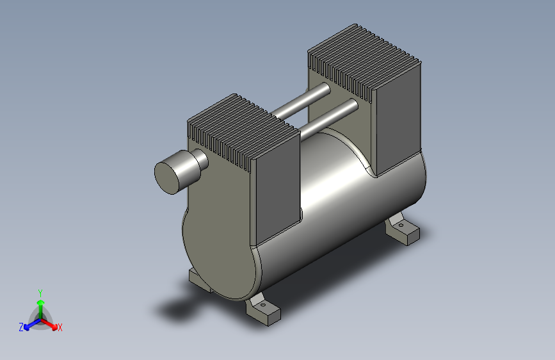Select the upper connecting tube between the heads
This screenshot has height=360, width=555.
[x=301, y=101]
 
